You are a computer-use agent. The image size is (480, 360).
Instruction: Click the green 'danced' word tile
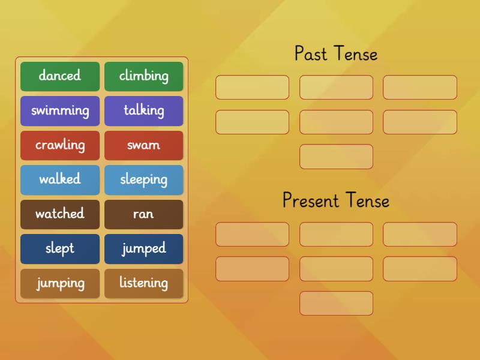tap(60, 76)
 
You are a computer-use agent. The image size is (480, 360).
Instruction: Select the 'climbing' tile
tap(144, 76)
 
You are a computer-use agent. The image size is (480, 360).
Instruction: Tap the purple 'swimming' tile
tap(60, 110)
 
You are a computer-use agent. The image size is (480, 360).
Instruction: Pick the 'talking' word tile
tap(144, 110)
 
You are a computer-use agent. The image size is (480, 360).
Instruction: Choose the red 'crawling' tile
tap(60, 145)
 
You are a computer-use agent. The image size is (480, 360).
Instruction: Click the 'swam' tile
tap(144, 145)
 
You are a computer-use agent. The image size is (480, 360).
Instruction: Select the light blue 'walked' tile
tap(60, 179)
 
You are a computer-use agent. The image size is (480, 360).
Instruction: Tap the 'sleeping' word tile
tap(144, 179)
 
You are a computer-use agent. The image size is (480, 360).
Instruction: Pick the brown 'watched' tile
tap(60, 214)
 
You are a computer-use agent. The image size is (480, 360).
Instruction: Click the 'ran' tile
tap(144, 214)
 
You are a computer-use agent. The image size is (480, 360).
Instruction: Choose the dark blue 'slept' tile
tap(60, 248)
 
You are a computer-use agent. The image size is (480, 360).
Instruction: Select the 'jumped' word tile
tap(144, 248)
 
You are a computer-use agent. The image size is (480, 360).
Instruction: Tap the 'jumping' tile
tap(60, 283)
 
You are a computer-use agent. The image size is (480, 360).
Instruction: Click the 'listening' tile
tap(144, 283)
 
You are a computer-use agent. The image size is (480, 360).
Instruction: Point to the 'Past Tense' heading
tap(336, 54)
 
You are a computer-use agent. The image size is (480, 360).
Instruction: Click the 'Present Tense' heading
tap(336, 200)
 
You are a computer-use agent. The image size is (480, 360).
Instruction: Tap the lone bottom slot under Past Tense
tap(336, 157)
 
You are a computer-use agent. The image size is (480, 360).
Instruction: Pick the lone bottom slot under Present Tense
tap(336, 304)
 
